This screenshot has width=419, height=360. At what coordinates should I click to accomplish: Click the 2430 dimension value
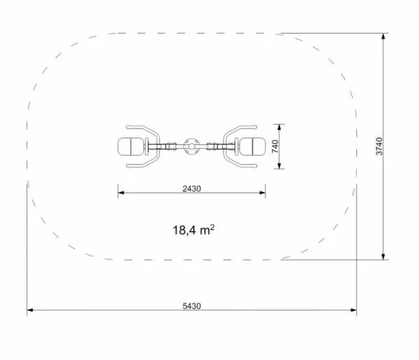tap(191, 189)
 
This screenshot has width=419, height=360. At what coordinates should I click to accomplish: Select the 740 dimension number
tap(275, 147)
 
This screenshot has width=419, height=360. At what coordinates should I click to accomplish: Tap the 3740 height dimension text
tap(379, 147)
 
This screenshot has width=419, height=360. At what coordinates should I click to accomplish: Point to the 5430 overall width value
tap(191, 306)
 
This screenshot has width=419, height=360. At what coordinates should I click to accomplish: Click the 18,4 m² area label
tap(193, 230)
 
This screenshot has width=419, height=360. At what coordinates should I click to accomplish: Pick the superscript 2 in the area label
tap(212, 227)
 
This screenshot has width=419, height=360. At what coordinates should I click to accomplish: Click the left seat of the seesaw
tap(131, 147)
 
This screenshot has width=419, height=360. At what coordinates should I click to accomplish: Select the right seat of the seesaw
tap(253, 147)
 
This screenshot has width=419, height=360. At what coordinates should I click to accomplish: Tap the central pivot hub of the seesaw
tap(191, 147)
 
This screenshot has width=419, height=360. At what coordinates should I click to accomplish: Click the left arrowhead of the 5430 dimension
tap(29, 310)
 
